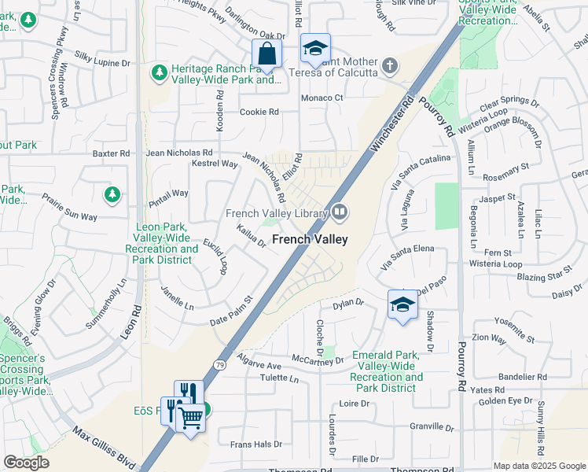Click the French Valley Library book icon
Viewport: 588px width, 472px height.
tap(340, 211)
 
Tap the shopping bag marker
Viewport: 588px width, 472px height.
tap(266, 54)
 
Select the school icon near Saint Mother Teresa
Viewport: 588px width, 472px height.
tap(314, 49)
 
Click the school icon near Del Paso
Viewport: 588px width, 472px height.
tap(402, 305)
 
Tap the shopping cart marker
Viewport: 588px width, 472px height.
tap(190, 418)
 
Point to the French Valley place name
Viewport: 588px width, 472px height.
tap(309, 239)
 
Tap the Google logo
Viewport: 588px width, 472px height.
tap(26, 463)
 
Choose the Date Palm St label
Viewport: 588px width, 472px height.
tap(230, 312)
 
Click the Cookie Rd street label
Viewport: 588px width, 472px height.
tap(259, 112)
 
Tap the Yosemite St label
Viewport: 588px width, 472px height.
tap(514, 321)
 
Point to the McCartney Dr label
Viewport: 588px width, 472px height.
tap(318, 360)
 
